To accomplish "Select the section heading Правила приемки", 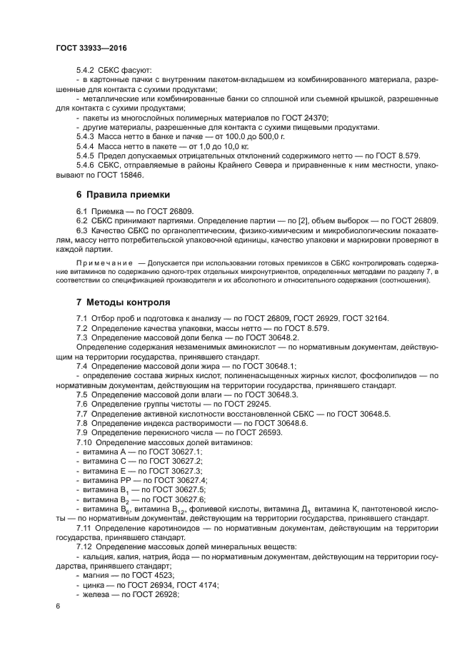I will tap(129, 193).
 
